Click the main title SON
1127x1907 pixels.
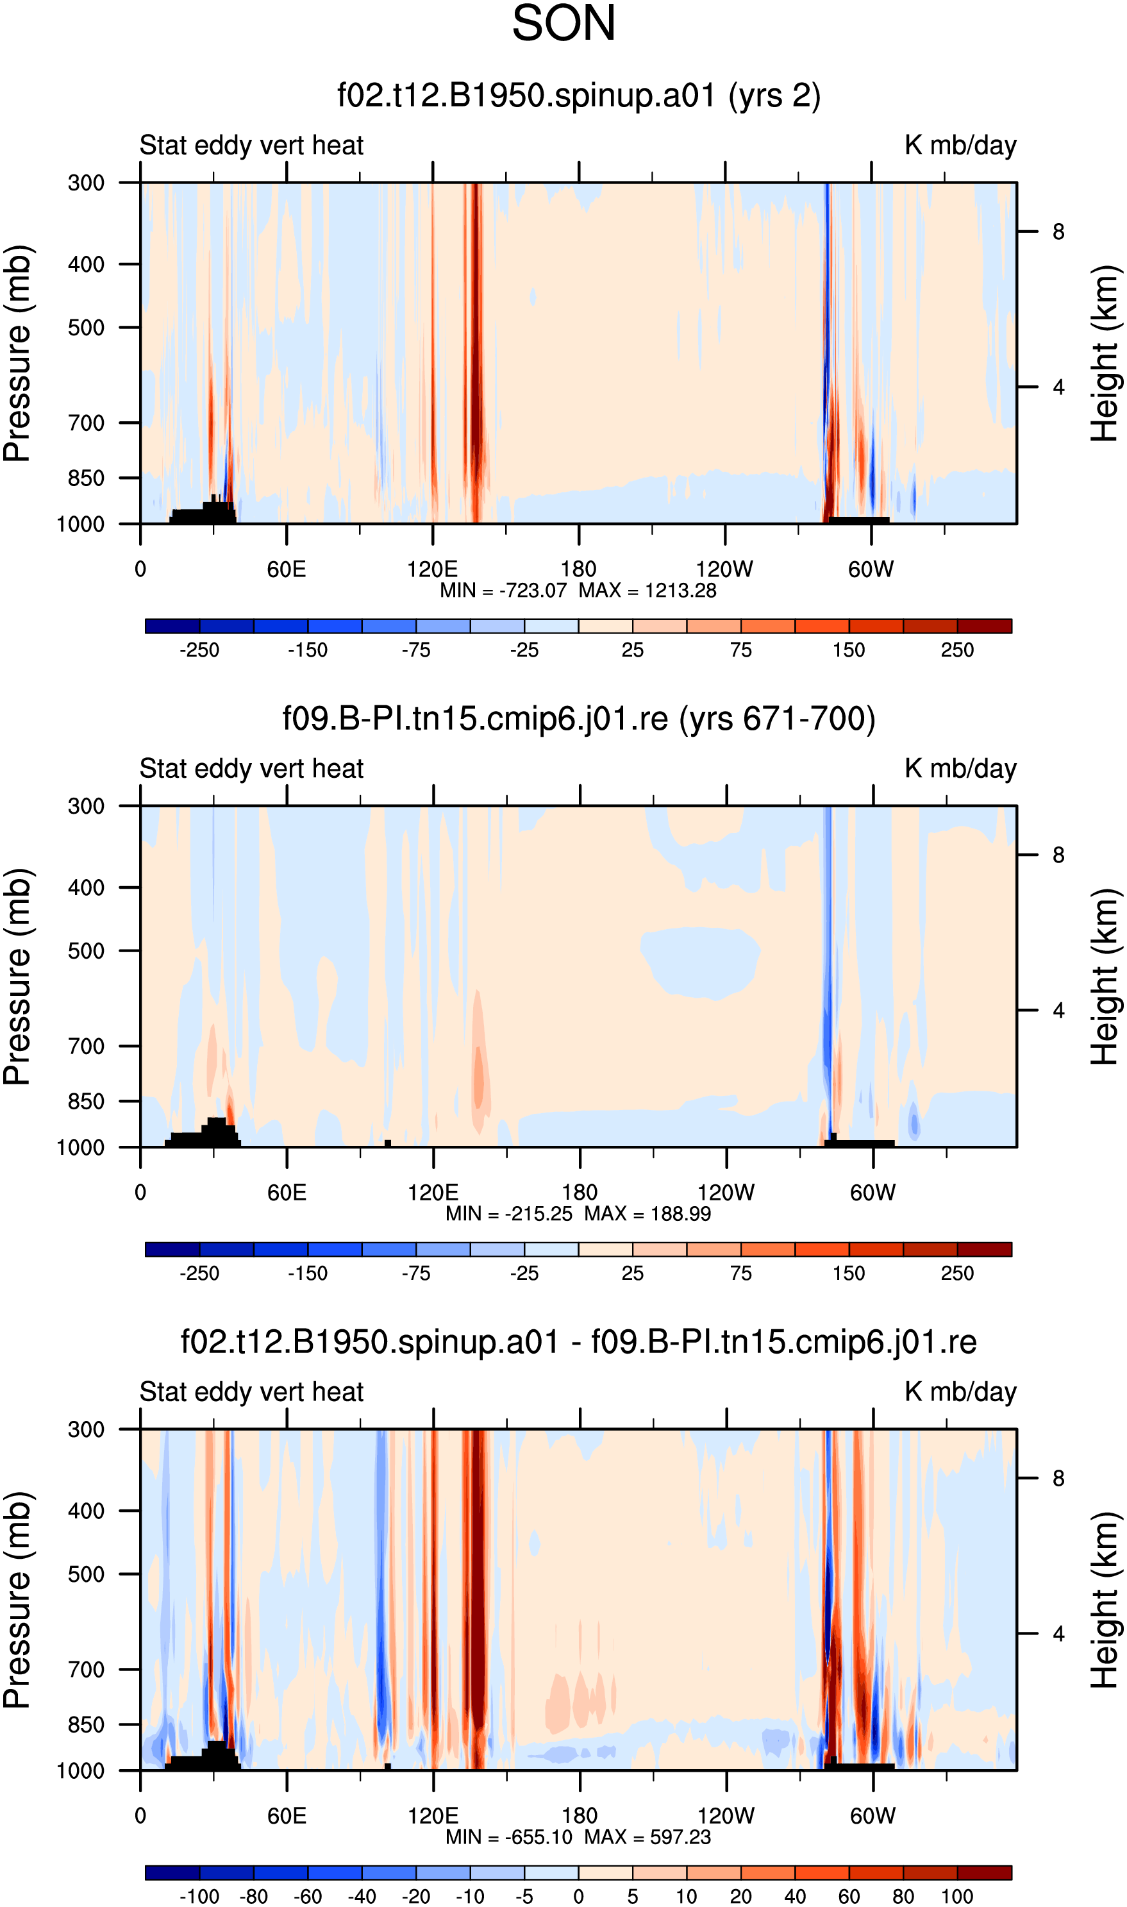563,24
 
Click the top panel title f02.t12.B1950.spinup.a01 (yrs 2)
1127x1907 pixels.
579,96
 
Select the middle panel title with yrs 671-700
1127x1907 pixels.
579,718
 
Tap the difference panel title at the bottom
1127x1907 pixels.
579,1342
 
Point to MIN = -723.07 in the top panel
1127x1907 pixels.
503,591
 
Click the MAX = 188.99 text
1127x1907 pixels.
647,1214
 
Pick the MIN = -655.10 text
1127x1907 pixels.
509,1837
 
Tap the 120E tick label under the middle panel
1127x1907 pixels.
433,1192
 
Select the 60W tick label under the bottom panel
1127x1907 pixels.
872,1816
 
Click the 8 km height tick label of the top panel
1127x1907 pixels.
1058,231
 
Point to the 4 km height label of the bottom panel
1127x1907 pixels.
1058,1634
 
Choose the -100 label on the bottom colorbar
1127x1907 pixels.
199,1896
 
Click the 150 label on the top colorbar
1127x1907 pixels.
848,650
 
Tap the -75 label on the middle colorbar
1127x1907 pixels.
415,1273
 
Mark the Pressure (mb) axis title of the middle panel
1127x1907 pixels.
17,977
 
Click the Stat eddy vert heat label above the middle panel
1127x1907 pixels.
251,769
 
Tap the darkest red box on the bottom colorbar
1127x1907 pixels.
984,1873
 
